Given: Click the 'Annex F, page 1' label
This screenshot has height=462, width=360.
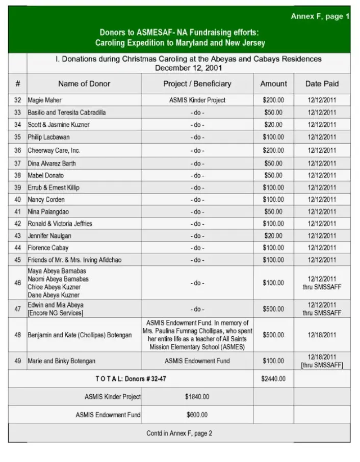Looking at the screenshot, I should pos(320,17).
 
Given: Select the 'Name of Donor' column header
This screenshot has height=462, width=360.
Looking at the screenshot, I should pos(84,84).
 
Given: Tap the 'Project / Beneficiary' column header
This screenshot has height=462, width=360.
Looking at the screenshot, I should pos(197,84).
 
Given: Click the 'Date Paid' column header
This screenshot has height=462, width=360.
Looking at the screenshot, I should pos(322,84).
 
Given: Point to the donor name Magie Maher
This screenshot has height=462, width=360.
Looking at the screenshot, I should pos(44,100).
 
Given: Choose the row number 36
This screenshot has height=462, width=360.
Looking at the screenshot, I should pos(18,151).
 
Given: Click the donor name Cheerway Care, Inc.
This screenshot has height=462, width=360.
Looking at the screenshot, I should pos(54,151).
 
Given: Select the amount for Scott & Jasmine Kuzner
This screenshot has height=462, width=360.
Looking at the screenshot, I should pos(273,125).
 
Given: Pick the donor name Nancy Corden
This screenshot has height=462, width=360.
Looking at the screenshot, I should pos(46,200).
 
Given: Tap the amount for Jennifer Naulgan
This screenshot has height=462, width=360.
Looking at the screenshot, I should pos(273,236).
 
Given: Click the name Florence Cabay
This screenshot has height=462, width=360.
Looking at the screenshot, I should pos(48,248).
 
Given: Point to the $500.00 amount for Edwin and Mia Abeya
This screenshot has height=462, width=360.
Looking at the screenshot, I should pos(273,309).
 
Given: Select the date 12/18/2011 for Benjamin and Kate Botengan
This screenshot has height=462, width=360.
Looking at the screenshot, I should pos(322,335).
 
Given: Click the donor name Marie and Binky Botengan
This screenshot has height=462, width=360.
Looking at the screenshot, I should pos(61,361).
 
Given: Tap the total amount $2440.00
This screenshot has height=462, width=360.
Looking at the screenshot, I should pos(273,378).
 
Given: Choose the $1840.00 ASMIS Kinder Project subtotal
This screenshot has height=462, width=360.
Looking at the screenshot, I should pos(197,397).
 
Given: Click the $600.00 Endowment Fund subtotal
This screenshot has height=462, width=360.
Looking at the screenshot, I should pos(197,415).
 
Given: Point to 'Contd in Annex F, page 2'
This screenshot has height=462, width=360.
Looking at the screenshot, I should pos(179,433).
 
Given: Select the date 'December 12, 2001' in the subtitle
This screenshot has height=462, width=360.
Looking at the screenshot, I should pos(188,68).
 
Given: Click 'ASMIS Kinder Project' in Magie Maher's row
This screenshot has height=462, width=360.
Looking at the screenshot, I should pos(197,100).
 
